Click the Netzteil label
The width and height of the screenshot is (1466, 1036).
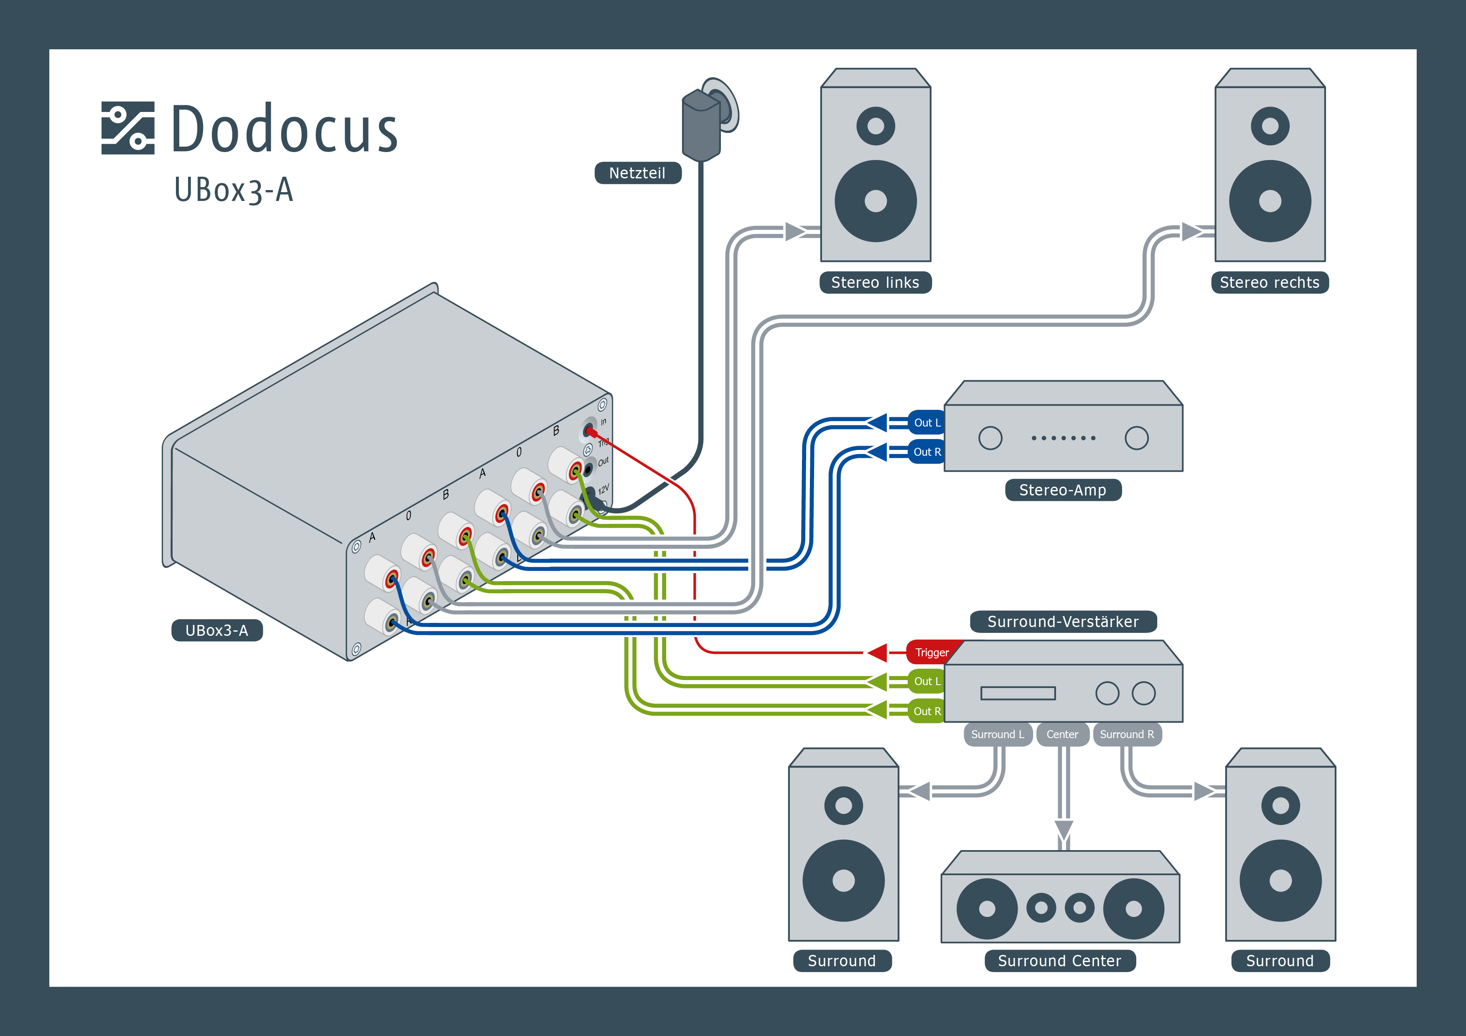click(x=637, y=173)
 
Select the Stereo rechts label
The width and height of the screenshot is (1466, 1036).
click(x=1269, y=282)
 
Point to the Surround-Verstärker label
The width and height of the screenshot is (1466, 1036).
click(x=1062, y=621)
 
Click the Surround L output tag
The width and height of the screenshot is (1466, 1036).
click(x=998, y=734)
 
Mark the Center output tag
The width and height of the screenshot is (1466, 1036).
click(x=1062, y=734)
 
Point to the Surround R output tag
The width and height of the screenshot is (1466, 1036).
click(x=1127, y=734)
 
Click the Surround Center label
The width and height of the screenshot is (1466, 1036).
click(x=1059, y=961)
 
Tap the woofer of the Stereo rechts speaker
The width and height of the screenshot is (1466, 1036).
click(x=1269, y=201)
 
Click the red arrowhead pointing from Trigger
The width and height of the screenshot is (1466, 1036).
click(x=878, y=653)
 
